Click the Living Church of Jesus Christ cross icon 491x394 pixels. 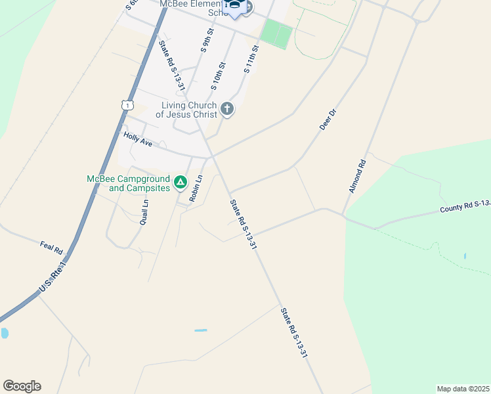[x=227, y=109]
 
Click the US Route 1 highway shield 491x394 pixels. [x=127, y=104]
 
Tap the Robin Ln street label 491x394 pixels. [x=196, y=188]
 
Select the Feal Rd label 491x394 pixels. [x=51, y=248]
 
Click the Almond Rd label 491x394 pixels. [x=356, y=175]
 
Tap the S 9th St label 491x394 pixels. [x=207, y=40]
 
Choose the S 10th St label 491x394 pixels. [x=218, y=76]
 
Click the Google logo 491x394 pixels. [x=22, y=386]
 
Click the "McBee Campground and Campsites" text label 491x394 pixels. [x=129, y=183]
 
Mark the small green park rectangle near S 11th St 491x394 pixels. [x=276, y=34]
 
